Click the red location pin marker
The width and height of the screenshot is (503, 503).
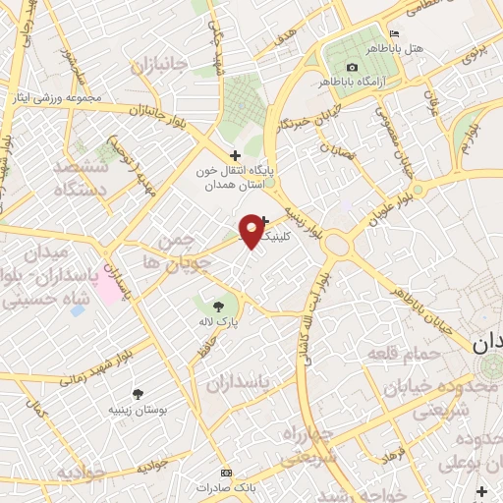251,230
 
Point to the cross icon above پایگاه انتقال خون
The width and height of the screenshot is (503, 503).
234,155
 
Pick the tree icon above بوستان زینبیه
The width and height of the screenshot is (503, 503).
137,394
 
